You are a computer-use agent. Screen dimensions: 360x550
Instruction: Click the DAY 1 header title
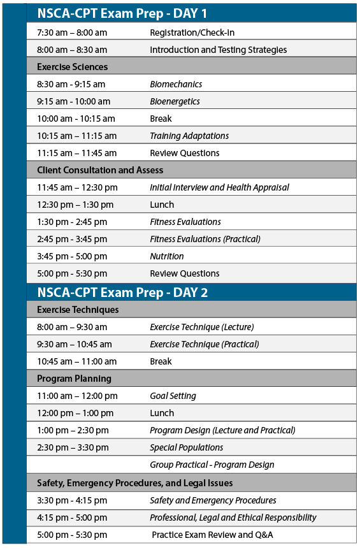(x=122, y=13)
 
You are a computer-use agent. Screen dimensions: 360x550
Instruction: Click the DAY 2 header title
(x=122, y=293)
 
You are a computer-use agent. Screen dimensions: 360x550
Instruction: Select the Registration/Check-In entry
(x=187, y=33)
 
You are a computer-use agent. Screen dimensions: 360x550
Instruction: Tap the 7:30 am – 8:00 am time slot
(x=72, y=33)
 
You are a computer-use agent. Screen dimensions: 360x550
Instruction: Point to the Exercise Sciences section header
(x=72, y=67)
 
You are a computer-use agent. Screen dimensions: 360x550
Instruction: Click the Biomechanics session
(x=176, y=84)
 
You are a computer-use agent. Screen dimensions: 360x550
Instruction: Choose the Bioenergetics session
(x=175, y=101)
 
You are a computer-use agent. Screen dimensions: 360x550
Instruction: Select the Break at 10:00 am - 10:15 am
(x=161, y=119)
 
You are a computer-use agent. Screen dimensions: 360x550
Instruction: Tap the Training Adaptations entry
(x=189, y=136)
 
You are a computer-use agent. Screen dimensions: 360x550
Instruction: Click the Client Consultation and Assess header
(x=100, y=170)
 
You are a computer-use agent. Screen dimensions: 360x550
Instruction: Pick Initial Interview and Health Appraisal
(x=219, y=187)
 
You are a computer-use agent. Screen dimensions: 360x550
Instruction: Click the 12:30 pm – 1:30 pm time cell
(x=75, y=205)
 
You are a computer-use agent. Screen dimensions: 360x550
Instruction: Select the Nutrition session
(x=166, y=256)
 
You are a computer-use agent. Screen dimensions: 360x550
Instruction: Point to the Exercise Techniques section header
(x=78, y=310)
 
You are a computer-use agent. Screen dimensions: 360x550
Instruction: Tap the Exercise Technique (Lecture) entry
(x=201, y=327)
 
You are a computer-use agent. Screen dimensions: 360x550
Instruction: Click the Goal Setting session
(x=173, y=396)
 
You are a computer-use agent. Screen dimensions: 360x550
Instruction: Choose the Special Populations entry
(x=186, y=447)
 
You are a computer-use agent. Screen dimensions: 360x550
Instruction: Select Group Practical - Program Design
(x=212, y=465)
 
